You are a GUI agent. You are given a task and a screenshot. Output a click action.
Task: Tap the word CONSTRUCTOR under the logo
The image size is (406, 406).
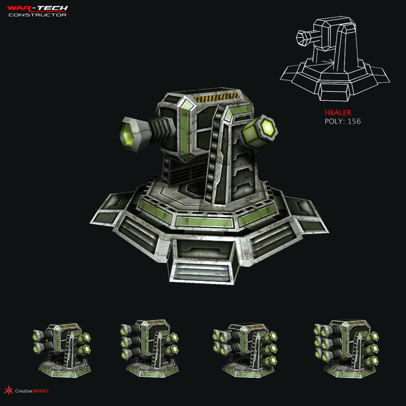(37, 14)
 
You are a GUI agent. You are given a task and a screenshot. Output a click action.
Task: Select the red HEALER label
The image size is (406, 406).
(338, 112)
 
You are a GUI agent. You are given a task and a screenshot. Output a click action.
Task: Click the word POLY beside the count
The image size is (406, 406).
(334, 122)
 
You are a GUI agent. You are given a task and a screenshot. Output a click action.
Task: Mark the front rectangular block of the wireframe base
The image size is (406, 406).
(335, 93)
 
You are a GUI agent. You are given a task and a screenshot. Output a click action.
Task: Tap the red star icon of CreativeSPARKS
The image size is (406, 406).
(8, 390)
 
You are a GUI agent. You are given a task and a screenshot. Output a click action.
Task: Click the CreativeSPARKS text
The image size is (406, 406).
(32, 391)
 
